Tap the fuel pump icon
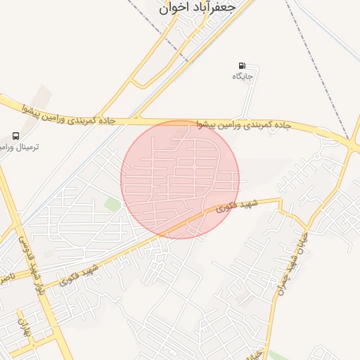[x=243, y=65]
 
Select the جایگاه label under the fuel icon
[x=243, y=75]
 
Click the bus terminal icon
[x=15, y=136]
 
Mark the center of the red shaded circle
[x=180, y=179]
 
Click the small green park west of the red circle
[x=112, y=204]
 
